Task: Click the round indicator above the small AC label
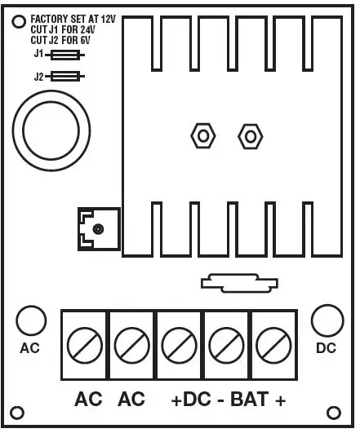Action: (x=29, y=320)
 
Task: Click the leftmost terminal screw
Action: (x=85, y=345)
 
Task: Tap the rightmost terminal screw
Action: (x=273, y=345)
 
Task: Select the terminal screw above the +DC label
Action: (x=179, y=345)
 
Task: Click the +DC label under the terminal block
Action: (x=191, y=401)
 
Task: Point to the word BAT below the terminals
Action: (x=248, y=401)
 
